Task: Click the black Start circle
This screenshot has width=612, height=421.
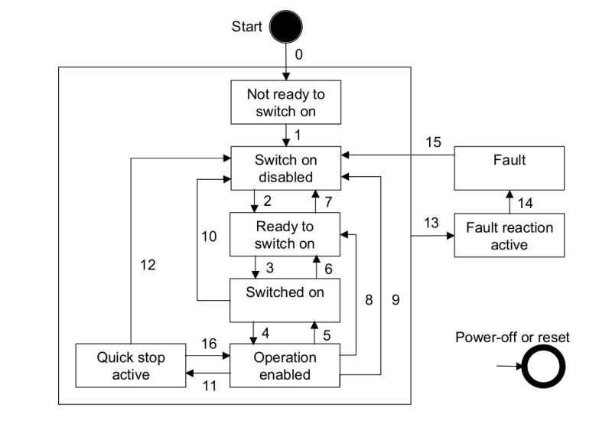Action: coord(285,27)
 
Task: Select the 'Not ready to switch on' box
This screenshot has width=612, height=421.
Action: coord(285,102)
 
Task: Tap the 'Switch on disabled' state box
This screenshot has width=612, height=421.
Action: coord(285,168)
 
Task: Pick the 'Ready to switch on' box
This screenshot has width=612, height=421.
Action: coord(285,234)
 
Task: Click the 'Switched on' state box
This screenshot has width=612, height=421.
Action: coord(285,299)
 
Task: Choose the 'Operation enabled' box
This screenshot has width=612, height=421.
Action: coord(285,366)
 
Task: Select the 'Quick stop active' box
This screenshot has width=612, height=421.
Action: coord(131,366)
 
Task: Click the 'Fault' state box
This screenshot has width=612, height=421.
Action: coord(509,168)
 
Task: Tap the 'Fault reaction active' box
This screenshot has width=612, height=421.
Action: coord(509,235)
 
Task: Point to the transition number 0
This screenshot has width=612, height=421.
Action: coord(298,54)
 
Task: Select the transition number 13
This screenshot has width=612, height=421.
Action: coord(431,222)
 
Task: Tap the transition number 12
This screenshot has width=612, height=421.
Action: coord(148,266)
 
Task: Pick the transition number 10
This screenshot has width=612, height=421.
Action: coord(209,237)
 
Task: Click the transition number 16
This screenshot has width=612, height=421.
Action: coord(209,344)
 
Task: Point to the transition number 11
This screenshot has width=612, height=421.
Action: coord(209,386)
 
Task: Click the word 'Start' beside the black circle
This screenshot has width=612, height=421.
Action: coord(246,27)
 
